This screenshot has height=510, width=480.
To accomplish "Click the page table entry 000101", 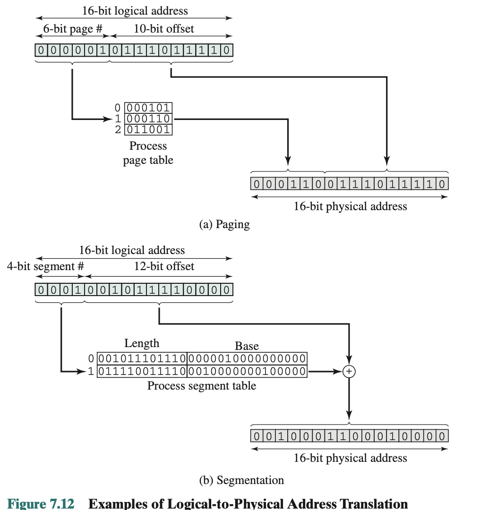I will pos(148,107).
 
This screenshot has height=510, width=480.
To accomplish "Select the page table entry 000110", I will pos(148,119).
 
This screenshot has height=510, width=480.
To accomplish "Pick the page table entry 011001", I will pos(148,129).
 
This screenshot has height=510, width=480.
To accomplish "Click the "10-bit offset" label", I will pos(164,29).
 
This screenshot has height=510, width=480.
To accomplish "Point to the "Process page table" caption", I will pos(148,153).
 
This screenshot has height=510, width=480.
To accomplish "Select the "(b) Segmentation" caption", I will pos(242,481).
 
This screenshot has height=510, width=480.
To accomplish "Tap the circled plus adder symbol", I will pos(349,372).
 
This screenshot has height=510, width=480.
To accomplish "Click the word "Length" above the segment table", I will pos(142,343).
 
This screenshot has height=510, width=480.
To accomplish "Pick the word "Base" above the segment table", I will pos(247,346).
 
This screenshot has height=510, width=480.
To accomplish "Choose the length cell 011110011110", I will pos(142,371).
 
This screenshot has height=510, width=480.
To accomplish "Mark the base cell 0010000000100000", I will pos(247,371).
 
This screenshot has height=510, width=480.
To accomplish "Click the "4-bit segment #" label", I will pos(45,266).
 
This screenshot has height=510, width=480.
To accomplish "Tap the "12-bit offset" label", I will pos(164,266).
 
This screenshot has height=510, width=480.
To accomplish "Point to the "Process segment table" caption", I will pos(202,386).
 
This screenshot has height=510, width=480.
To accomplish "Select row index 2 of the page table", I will pos(118,130).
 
